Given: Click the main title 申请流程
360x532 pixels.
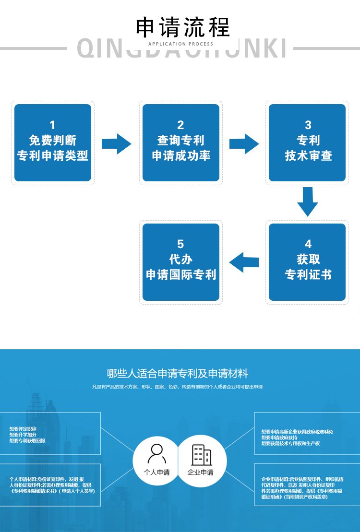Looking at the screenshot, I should click(x=183, y=27).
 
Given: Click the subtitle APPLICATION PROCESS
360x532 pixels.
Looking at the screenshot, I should click(x=181, y=44).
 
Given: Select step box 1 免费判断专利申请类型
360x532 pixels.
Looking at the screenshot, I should click(x=53, y=142).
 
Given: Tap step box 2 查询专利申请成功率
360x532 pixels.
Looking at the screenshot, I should click(x=181, y=142).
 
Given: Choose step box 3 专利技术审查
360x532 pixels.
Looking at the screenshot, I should click(x=307, y=142).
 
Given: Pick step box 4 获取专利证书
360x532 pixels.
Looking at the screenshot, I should click(x=307, y=262).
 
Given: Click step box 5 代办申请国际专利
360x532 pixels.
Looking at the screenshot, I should click(x=181, y=262).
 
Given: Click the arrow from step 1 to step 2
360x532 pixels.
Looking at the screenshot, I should click(x=116, y=143).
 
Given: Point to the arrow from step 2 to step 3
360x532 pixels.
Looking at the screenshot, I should click(x=244, y=143).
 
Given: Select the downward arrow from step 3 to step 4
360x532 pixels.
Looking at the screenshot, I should click(x=307, y=202).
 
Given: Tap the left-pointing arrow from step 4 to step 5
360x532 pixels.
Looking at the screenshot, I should click(x=244, y=262).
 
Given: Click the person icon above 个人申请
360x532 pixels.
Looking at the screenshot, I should click(x=157, y=453).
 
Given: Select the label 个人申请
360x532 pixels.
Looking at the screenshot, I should click(x=157, y=472).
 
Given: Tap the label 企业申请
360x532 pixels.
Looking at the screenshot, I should click(x=201, y=472).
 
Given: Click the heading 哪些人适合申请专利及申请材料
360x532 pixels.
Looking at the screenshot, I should click(x=178, y=373).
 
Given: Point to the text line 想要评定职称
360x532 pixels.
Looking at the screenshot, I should click(x=23, y=428).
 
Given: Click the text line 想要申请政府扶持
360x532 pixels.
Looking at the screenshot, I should click(x=279, y=437).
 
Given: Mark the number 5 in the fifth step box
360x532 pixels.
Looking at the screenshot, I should click(x=180, y=244).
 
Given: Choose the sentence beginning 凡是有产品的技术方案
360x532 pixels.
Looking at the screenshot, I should click(x=177, y=387).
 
